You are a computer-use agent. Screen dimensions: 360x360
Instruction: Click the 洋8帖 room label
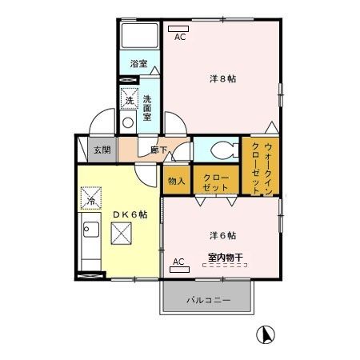[x=222, y=78]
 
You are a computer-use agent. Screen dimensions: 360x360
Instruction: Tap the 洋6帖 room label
[x=222, y=235]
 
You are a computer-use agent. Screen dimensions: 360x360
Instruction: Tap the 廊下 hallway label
[x=158, y=149]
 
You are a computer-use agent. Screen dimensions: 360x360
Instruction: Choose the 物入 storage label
[x=176, y=181]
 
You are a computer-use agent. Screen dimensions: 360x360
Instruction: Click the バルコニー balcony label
[x=209, y=300]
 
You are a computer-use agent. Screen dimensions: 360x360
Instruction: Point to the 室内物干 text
[x=225, y=257]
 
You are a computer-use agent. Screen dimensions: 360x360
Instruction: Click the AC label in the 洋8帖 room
[x=179, y=36]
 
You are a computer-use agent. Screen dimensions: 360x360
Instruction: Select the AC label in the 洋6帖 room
[x=178, y=261]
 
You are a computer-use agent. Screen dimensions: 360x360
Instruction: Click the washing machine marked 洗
[x=129, y=100]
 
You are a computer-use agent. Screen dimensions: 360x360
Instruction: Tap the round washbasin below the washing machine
[x=127, y=124]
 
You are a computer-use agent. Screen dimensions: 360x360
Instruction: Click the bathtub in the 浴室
[x=140, y=37]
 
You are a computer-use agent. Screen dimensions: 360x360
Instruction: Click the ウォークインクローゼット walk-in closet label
[x=262, y=166]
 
